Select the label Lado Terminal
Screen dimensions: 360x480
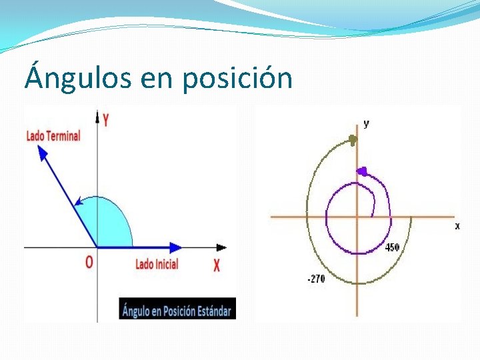tap(53, 136)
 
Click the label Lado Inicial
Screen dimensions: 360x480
tap(157, 264)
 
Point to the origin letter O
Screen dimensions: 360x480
tap(89, 263)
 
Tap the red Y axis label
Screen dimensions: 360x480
tap(105, 120)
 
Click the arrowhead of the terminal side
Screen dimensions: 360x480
tap(43, 152)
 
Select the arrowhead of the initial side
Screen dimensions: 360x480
tap(175, 247)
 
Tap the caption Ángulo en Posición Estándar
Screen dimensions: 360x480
tap(177, 310)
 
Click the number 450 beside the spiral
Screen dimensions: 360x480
tap(393, 247)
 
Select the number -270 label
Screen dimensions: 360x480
tap(316, 279)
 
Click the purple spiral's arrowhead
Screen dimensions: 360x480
tap(362, 171)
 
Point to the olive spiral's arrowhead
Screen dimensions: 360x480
tap(353, 139)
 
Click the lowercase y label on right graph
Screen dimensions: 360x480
tap(366, 123)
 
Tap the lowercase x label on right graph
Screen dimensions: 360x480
tap(457, 226)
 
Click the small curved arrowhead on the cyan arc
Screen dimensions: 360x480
tap(78, 200)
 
